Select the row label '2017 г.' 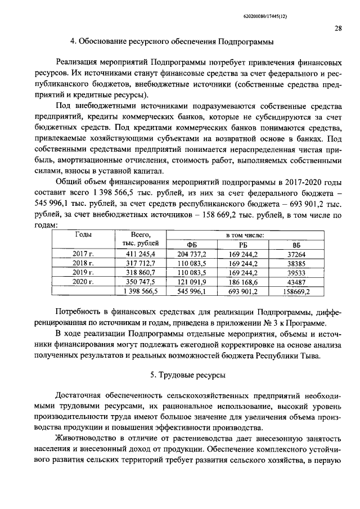pyautogui.click(x=83, y=254)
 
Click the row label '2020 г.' pyautogui.click(x=83, y=281)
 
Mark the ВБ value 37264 pyautogui.click(x=297, y=254)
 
